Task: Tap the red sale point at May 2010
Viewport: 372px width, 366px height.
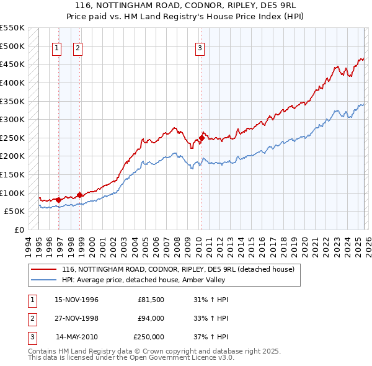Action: click(201, 138)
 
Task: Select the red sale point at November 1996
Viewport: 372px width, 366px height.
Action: click(58, 200)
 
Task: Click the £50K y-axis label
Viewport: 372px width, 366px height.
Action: click(15, 211)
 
